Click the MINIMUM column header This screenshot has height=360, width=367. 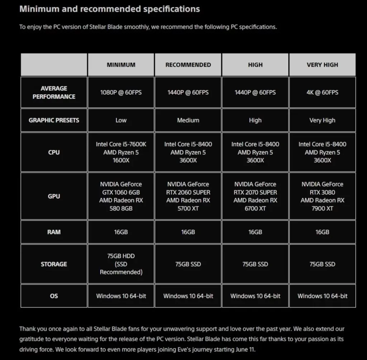(121, 65)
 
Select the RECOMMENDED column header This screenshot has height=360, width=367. (188, 65)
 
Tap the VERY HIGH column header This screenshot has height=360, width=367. (322, 65)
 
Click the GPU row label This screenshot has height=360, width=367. (54, 196)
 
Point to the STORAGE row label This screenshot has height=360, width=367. (54, 264)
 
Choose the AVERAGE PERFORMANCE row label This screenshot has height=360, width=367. (54, 92)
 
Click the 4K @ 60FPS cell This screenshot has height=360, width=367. (322, 92)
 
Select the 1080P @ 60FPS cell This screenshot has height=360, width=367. (121, 92)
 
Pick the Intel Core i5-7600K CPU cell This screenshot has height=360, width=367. (121, 152)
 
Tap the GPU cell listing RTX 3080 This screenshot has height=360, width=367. (322, 196)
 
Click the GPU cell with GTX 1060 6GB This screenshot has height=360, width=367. (121, 196)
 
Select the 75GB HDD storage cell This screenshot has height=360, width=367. (121, 264)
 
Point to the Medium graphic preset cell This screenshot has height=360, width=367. (188, 120)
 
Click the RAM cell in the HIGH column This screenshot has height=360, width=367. (255, 232)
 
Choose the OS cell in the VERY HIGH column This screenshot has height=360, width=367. (322, 296)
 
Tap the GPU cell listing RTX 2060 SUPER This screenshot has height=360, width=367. (188, 196)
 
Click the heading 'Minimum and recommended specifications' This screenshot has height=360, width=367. (110, 9)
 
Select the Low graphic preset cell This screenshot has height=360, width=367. (121, 120)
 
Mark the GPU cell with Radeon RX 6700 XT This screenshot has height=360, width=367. (255, 196)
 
